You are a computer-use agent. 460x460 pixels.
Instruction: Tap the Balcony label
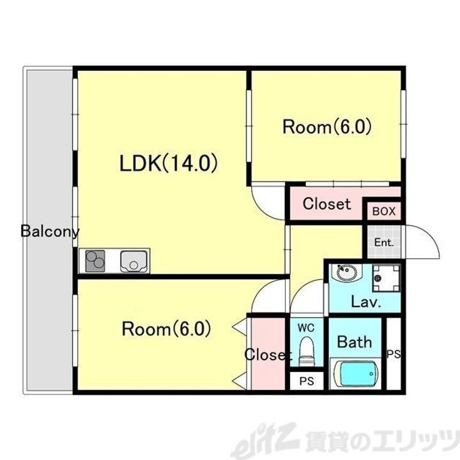pos(50,231)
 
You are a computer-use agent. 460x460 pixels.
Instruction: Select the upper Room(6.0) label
pos(327,126)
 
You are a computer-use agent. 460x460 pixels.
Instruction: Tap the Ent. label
pos(383,243)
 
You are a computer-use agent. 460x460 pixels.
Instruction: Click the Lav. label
pos(365,302)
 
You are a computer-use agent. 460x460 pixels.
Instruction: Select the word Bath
pos(354,342)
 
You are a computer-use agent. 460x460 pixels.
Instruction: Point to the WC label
pos(307,328)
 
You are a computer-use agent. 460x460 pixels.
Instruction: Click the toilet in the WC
pos(306,351)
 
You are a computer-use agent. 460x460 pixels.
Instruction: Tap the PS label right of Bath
pos(393,354)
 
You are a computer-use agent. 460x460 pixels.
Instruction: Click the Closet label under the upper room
pos(326,204)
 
